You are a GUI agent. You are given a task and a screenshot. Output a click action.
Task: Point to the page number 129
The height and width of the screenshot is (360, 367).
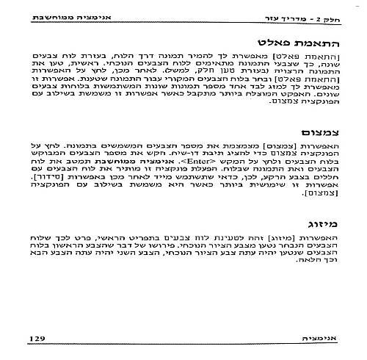37,338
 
